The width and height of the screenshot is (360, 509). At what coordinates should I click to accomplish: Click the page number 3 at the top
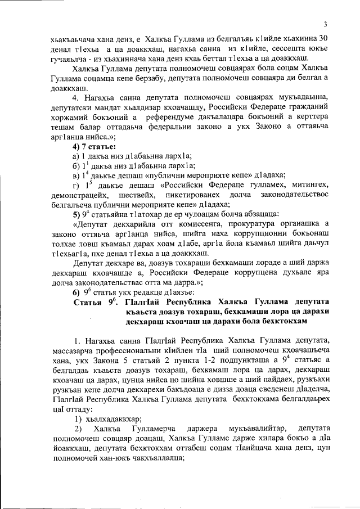(325, 24)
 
